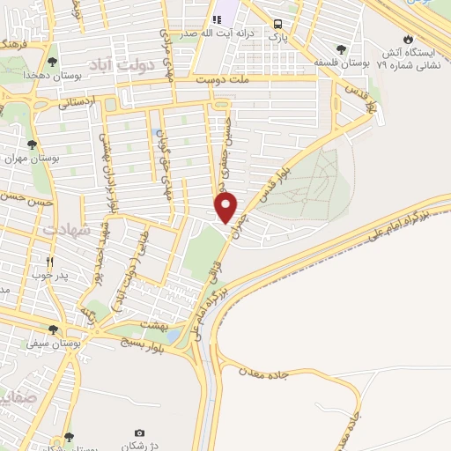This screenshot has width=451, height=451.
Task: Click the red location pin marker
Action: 227,207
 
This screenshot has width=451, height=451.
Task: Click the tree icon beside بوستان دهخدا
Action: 54,62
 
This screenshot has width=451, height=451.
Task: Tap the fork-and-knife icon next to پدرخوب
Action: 50,262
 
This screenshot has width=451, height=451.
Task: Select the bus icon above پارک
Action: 278,25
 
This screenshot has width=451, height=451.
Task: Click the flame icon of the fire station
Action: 408,39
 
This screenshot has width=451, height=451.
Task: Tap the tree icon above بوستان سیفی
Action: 54,330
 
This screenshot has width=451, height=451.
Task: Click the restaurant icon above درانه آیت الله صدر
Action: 218,19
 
